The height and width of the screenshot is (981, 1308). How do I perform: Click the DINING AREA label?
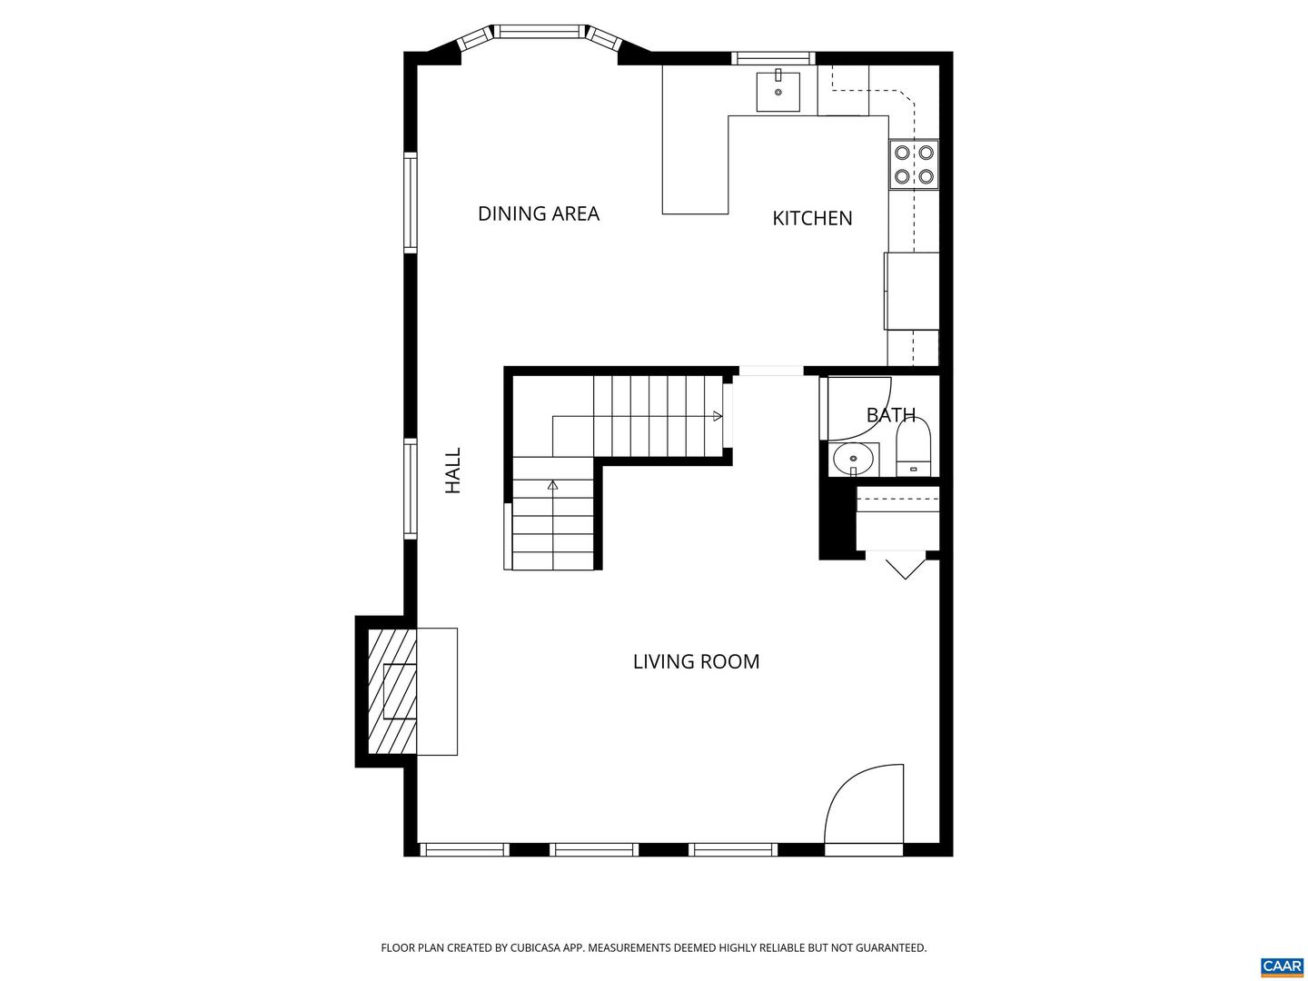[538, 213]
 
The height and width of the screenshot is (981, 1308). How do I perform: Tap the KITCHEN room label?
[812, 218]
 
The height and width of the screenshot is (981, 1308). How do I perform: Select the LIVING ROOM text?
[696, 661]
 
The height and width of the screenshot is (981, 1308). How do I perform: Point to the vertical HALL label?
[452, 471]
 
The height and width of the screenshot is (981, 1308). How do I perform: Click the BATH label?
[890, 415]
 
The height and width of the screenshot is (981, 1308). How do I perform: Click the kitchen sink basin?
[778, 92]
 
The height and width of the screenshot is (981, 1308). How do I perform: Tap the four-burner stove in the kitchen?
[914, 164]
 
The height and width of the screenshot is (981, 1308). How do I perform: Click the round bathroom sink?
[854, 460]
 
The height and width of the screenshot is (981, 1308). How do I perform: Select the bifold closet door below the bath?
[904, 565]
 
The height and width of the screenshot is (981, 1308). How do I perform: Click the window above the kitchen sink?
[774, 59]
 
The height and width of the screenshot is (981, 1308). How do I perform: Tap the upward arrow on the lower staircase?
[552, 485]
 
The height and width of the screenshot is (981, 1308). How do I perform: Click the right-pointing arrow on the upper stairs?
[718, 416]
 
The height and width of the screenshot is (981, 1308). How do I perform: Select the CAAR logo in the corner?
[1282, 966]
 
